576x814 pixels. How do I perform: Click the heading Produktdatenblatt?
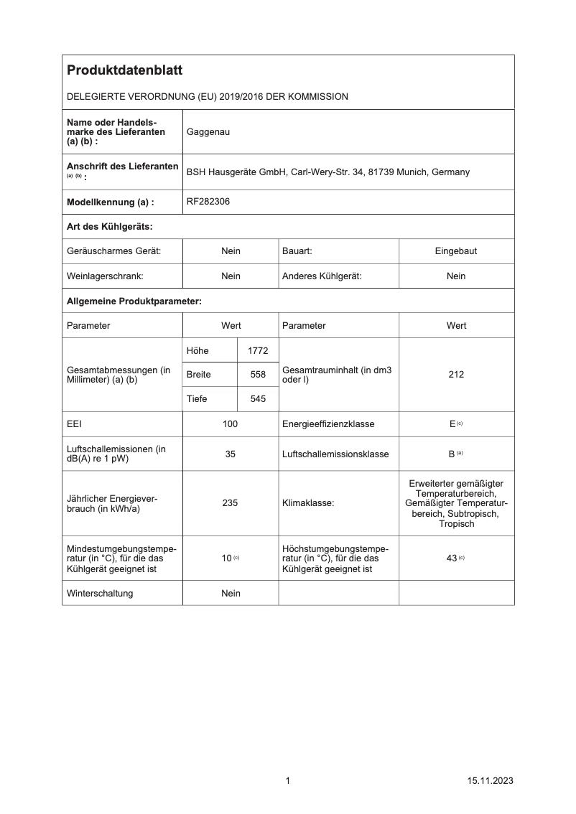pyautogui.click(x=124, y=70)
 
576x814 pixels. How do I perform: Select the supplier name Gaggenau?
pyautogui.click(x=208, y=132)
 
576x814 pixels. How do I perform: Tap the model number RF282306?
pyautogui.click(x=208, y=202)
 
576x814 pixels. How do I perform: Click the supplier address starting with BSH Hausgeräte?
pyautogui.click(x=328, y=172)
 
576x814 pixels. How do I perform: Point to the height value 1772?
pyautogui.click(x=257, y=350)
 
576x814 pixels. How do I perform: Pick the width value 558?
pyautogui.click(x=257, y=375)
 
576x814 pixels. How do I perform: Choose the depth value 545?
pyautogui.click(x=257, y=399)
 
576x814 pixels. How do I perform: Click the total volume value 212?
pyautogui.click(x=456, y=375)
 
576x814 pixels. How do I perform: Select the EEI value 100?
pyautogui.click(x=231, y=424)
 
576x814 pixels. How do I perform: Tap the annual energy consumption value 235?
pyautogui.click(x=231, y=503)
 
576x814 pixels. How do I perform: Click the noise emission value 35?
pyautogui.click(x=231, y=454)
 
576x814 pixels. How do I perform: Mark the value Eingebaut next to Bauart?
pyautogui.click(x=456, y=251)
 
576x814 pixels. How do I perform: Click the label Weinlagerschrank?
pyautogui.click(x=105, y=276)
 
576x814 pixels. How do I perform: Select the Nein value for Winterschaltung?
pyautogui.click(x=231, y=594)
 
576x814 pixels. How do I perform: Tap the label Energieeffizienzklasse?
pyautogui.click(x=328, y=424)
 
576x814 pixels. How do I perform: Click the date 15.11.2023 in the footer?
pyautogui.click(x=489, y=781)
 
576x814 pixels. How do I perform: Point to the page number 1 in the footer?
pyautogui.click(x=288, y=781)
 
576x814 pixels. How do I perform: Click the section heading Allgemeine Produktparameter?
pyautogui.click(x=134, y=301)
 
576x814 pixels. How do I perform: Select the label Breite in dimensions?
pyautogui.click(x=198, y=375)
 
